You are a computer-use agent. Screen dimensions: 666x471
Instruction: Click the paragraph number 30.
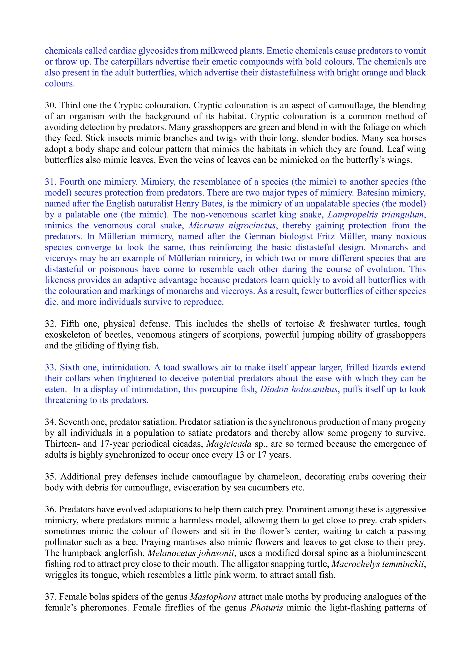50,105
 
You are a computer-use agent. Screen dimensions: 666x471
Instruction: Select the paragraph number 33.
50,367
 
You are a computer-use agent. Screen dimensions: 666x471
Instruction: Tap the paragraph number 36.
50,509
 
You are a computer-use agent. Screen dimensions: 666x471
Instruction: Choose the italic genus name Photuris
267,608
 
